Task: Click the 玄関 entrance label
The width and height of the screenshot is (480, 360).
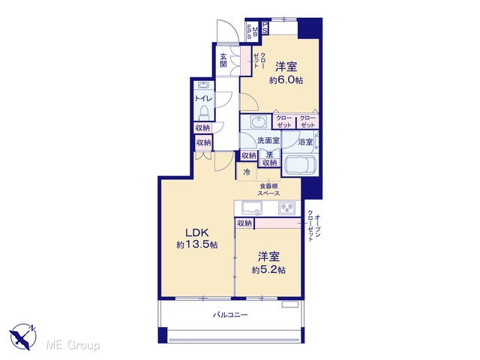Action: pos(223,60)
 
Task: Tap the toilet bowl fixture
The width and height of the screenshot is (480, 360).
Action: pos(204,112)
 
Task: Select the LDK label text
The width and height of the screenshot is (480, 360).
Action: pos(197,232)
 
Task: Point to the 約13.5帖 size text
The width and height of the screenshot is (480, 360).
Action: pos(197,245)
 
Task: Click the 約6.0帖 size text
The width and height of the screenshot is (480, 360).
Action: pos(286,80)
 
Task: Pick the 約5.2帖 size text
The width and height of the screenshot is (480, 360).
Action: pos(268,270)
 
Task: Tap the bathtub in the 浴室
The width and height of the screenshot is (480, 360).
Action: pos(299,165)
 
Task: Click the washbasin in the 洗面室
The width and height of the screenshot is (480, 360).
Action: pos(259,121)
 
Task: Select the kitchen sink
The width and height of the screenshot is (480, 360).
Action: pos(252,208)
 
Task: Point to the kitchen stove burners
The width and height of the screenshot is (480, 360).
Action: pos(286,208)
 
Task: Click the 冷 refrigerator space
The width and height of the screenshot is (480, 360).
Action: pos(247,172)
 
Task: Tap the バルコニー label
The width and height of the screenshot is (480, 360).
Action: pos(230,315)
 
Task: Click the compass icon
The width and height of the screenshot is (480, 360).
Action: pos(23,337)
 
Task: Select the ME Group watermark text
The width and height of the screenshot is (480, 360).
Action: pos(73,345)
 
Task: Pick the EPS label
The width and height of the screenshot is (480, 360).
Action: pos(250,31)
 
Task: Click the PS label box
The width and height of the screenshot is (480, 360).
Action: pos(265,28)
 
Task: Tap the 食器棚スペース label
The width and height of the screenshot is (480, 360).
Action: pos(268,190)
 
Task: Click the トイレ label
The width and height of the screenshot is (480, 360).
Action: pos(203,98)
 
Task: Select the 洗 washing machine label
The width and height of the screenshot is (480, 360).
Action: pos(269,155)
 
